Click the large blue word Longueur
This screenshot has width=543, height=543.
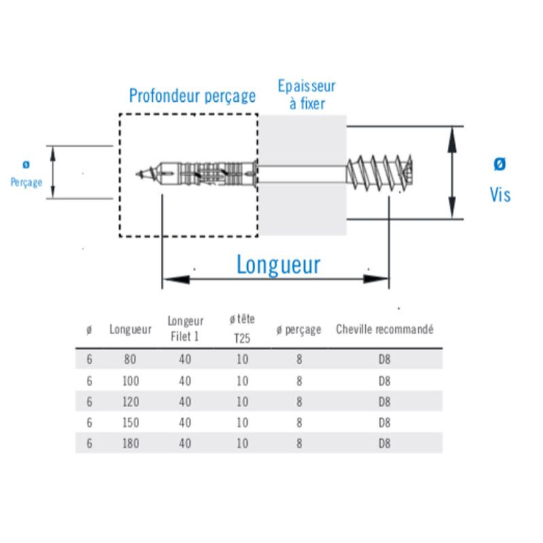(278, 265)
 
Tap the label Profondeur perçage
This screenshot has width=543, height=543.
(192, 95)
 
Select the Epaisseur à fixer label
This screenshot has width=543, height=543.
(306, 95)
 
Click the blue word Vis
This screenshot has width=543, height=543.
(500, 195)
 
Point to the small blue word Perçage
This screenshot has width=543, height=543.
(26, 182)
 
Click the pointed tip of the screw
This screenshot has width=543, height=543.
(138, 174)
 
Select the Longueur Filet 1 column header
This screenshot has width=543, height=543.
(185, 329)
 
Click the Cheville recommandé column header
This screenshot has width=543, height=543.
(384, 330)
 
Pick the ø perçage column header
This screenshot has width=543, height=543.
(299, 330)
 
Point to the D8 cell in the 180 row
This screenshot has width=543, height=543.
(384, 443)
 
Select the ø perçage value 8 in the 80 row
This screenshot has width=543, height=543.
(299, 359)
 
